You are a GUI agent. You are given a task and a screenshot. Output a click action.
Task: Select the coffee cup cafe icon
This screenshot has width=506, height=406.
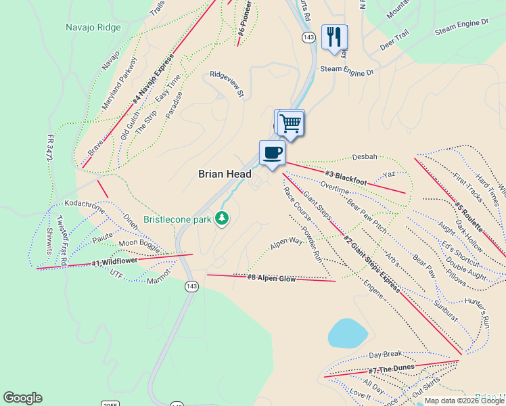coord(272,152)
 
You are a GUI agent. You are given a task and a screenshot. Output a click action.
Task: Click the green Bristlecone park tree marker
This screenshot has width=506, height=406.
coord(221,218)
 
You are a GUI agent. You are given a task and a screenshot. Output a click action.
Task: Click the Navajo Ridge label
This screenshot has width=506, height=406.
coord(93,28)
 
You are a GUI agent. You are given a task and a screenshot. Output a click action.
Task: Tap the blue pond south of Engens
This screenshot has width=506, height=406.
coord(348,333)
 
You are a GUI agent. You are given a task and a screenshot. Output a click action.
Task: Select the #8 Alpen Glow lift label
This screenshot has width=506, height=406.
coord(271,277)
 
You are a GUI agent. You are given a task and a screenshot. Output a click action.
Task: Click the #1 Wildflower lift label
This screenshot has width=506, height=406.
coord(115,261)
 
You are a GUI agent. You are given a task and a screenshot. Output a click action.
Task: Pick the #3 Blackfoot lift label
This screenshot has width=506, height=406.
coord(346,178)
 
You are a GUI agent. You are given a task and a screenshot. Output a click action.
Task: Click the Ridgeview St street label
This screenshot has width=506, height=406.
coord(227,85)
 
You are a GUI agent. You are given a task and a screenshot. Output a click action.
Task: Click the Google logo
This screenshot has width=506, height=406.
coord(22,398)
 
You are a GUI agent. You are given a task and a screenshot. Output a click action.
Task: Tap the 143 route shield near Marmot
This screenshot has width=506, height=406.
coord(191,287)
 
